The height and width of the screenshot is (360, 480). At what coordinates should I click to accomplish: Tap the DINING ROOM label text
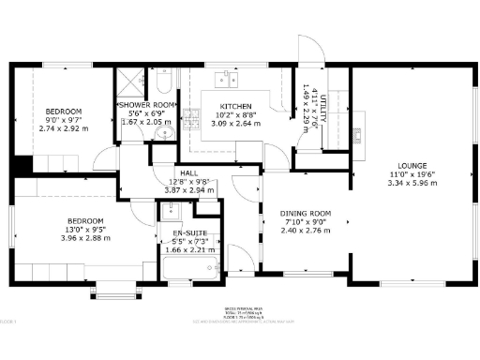click(x=306, y=215)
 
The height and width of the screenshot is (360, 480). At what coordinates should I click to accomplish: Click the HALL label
click(x=189, y=173)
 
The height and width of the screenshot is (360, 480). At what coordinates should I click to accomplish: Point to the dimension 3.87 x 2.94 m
click(x=189, y=190)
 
